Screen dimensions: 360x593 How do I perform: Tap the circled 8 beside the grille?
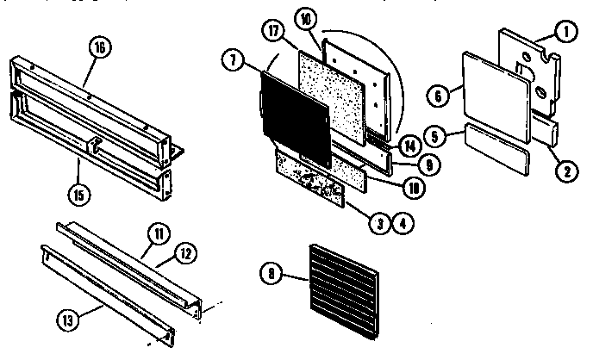coord(272,275)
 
